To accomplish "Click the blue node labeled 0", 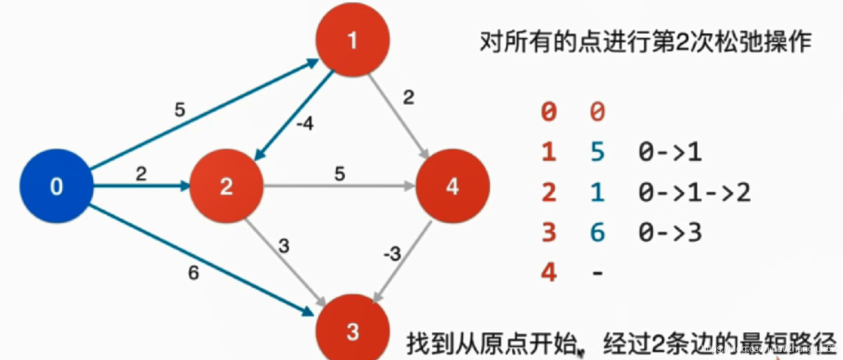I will [56, 186].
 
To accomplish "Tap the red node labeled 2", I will [226, 186].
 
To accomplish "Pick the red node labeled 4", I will [452, 186].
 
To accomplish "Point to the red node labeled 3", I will [353, 331].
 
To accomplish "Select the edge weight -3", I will [392, 255].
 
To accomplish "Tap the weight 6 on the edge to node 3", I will [193, 273].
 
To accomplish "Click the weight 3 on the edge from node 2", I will [284, 246].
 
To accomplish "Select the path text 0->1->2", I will [694, 193].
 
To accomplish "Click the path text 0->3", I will [670, 232].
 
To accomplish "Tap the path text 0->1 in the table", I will [670, 153].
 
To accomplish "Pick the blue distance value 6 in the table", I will [597, 232].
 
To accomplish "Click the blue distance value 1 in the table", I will [597, 193].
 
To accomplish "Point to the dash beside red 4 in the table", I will [597, 273].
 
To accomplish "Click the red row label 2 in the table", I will [549, 193].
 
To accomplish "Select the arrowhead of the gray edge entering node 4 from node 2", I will [409, 186].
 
